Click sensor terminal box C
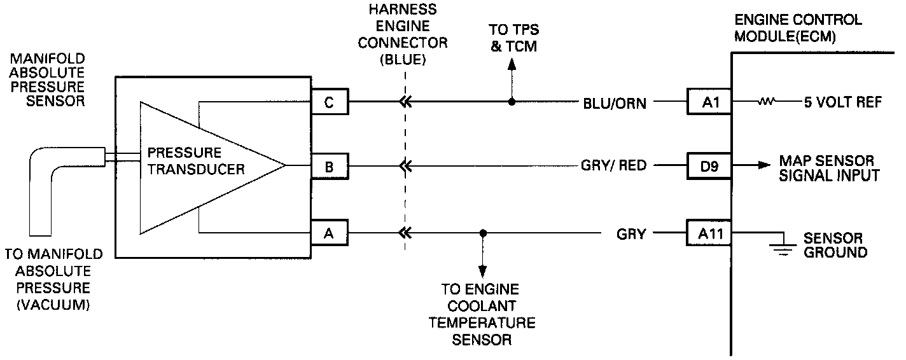[330, 101]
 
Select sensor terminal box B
[330, 167]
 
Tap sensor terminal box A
[330, 233]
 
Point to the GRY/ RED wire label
[613, 166]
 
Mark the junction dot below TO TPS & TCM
[511, 101]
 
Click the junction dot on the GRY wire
[483, 233]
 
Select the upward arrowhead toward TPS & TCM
[511, 64]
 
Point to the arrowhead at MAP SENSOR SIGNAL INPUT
[763, 164]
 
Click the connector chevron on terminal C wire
[403, 101]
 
